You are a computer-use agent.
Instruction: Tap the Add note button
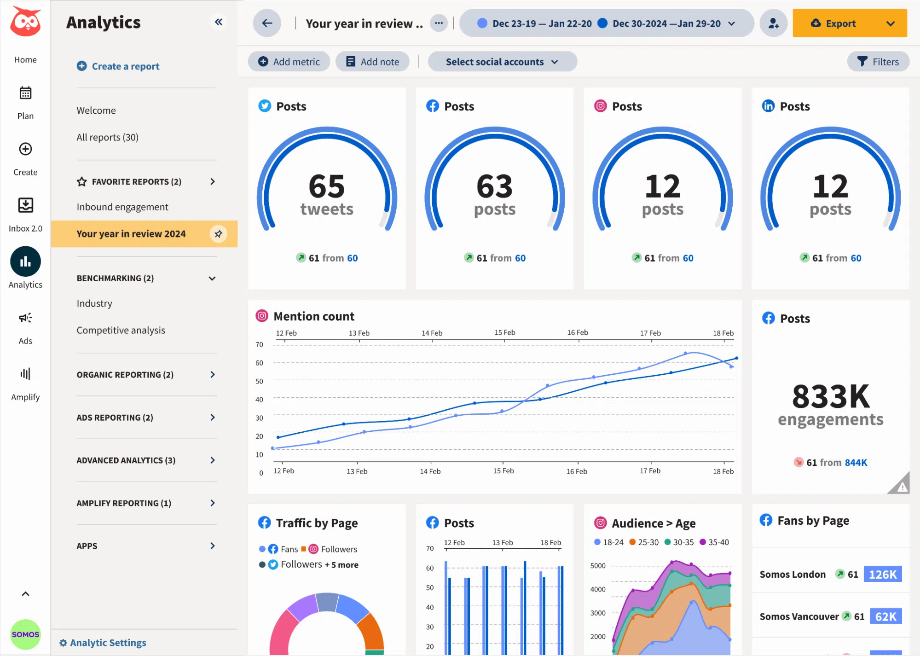pos(372,62)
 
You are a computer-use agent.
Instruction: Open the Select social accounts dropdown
pos(502,62)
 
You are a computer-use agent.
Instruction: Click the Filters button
pos(878,62)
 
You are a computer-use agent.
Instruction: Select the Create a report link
pos(118,66)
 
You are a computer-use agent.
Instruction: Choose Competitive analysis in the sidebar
pos(121,330)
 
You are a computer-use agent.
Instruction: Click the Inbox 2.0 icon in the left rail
pos(25,205)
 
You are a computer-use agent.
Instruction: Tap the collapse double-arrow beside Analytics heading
pos(219,22)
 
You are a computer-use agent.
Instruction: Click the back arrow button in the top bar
pos(267,23)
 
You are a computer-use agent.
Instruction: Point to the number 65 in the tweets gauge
pos(326,186)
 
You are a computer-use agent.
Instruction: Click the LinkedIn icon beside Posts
pos(768,106)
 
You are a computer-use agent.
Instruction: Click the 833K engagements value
pos(830,396)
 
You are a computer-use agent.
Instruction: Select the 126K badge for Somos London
pos(882,574)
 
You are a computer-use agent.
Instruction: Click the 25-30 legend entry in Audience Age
pos(643,542)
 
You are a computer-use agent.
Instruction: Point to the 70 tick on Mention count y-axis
pos(259,344)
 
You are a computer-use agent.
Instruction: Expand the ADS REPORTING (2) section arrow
pos(213,418)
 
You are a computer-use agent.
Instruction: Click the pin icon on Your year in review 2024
pos(218,234)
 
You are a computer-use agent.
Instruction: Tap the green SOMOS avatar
pos(25,634)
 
